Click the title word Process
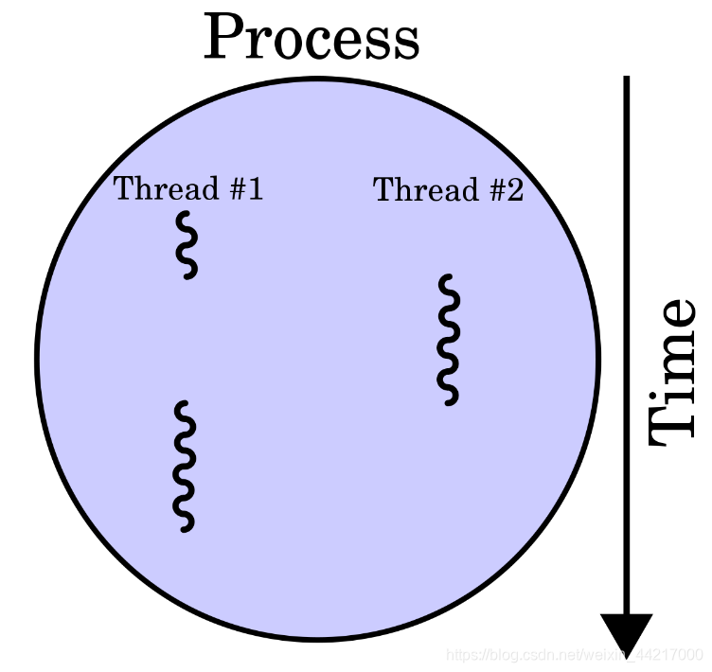[311, 39]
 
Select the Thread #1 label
[188, 188]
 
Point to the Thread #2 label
[448, 190]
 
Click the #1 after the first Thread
[243, 188]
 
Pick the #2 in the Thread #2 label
[504, 190]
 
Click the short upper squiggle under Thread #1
[187, 244]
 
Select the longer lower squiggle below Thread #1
[185, 465]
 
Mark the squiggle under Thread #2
[449, 340]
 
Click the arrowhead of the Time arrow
[626, 631]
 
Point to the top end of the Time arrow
[626, 80]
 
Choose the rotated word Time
[673, 372]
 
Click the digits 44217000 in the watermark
[669, 655]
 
